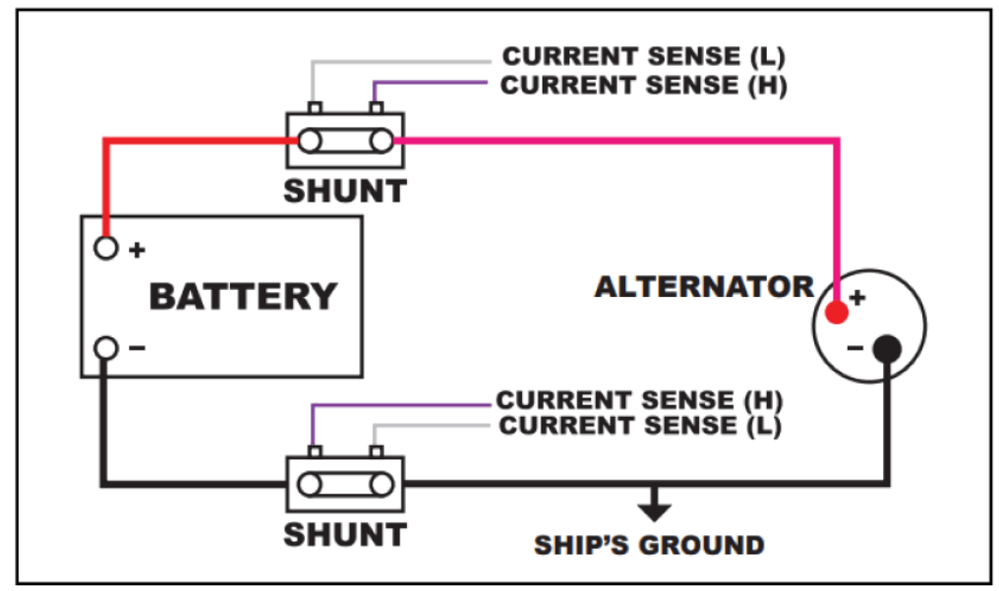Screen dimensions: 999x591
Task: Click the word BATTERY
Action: pyautogui.click(x=243, y=296)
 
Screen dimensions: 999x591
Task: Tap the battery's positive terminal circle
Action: pyautogui.click(x=106, y=248)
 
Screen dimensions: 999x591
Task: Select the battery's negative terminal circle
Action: pyautogui.click(x=106, y=348)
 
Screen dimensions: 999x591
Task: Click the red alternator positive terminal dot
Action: pyautogui.click(x=837, y=312)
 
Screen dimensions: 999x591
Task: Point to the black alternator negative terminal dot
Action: pyautogui.click(x=887, y=348)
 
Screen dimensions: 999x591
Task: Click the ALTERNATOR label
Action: pyautogui.click(x=704, y=286)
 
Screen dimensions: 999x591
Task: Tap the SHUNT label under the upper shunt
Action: pyautogui.click(x=345, y=191)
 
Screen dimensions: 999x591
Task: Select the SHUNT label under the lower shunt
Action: pyautogui.click(x=345, y=534)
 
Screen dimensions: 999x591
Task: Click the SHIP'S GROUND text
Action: pyautogui.click(x=649, y=545)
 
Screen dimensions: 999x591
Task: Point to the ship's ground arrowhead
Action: pyautogui.click(x=654, y=510)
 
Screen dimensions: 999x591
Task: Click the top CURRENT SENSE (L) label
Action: pyautogui.click(x=643, y=56)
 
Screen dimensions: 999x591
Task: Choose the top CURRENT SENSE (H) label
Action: pyautogui.click(x=643, y=86)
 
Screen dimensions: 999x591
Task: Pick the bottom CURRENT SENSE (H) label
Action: pyautogui.click(x=639, y=400)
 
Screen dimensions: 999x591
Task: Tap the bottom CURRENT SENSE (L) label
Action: pyautogui.click(x=640, y=426)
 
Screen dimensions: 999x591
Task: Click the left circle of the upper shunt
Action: pyautogui.click(x=310, y=141)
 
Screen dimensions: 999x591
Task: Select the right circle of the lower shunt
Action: pyautogui.click(x=381, y=485)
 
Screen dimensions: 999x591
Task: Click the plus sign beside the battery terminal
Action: pyautogui.click(x=137, y=250)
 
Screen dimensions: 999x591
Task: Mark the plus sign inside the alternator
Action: pyautogui.click(x=857, y=297)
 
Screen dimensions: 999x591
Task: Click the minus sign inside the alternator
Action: pyautogui.click(x=855, y=348)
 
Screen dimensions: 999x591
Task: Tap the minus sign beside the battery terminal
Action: pyautogui.click(x=137, y=348)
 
